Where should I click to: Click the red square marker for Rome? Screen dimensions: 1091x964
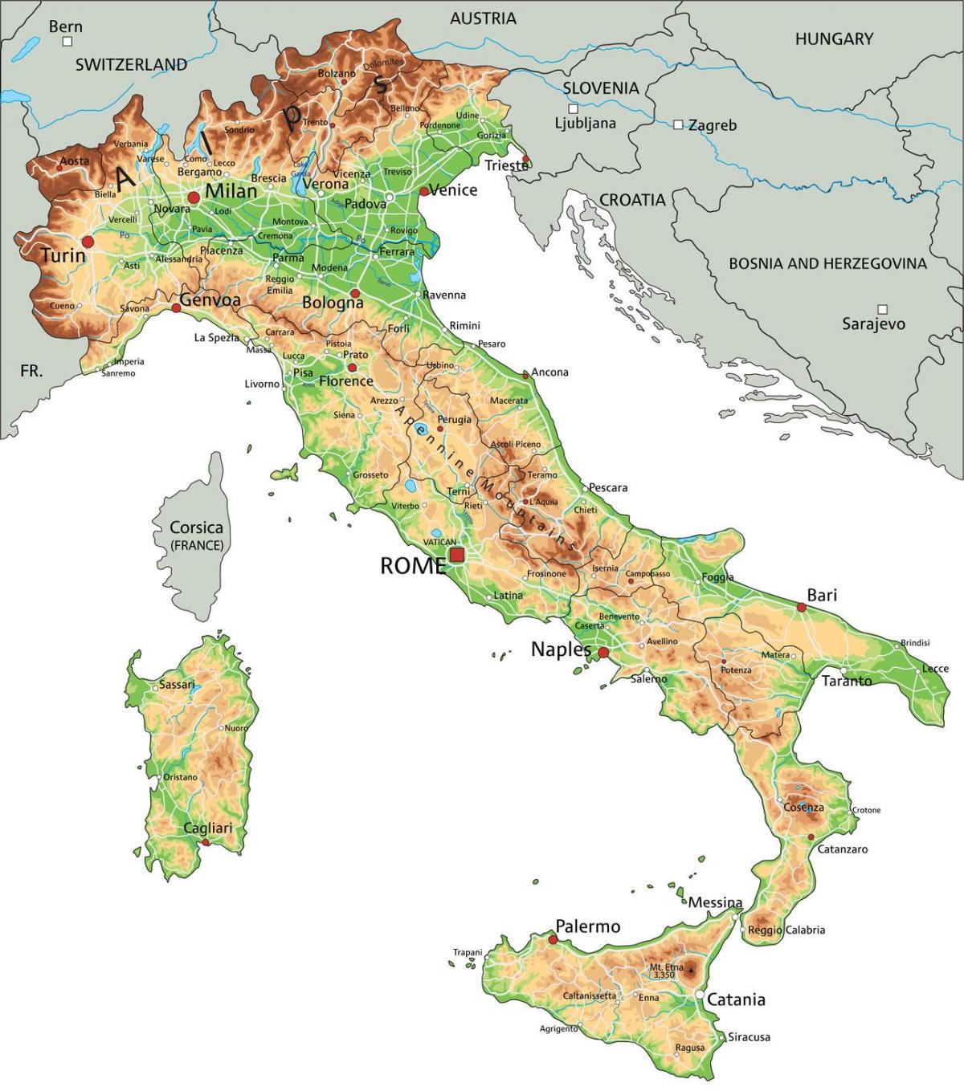coord(457,556)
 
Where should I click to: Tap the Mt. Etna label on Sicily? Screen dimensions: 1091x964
coord(667,968)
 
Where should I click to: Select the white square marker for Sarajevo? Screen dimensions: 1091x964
coord(883,309)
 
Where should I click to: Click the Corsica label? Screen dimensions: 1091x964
coord(196,528)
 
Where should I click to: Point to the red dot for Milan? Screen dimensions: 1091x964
coord(194,197)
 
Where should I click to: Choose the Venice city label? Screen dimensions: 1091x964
coord(454,190)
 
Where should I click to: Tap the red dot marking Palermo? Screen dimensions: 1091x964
coord(553,938)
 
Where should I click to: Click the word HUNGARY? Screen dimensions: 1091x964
coord(833,39)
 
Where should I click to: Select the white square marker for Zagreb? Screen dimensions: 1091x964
coord(679,124)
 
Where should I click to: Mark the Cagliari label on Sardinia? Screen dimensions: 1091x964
coord(207,828)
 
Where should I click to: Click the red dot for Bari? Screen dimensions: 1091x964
coord(801,608)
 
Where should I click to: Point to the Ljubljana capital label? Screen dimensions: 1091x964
coord(585,124)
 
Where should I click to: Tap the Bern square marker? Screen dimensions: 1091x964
coord(67,41)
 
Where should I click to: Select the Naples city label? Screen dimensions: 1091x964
coord(561,649)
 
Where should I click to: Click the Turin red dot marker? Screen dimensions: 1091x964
coord(88,242)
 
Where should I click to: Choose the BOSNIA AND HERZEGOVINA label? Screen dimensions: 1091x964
coord(827,263)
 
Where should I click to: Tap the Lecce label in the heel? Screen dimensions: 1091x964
coord(935,668)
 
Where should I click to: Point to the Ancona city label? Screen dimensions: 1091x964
coord(550,372)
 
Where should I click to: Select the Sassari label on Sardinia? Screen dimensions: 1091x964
coord(177,685)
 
